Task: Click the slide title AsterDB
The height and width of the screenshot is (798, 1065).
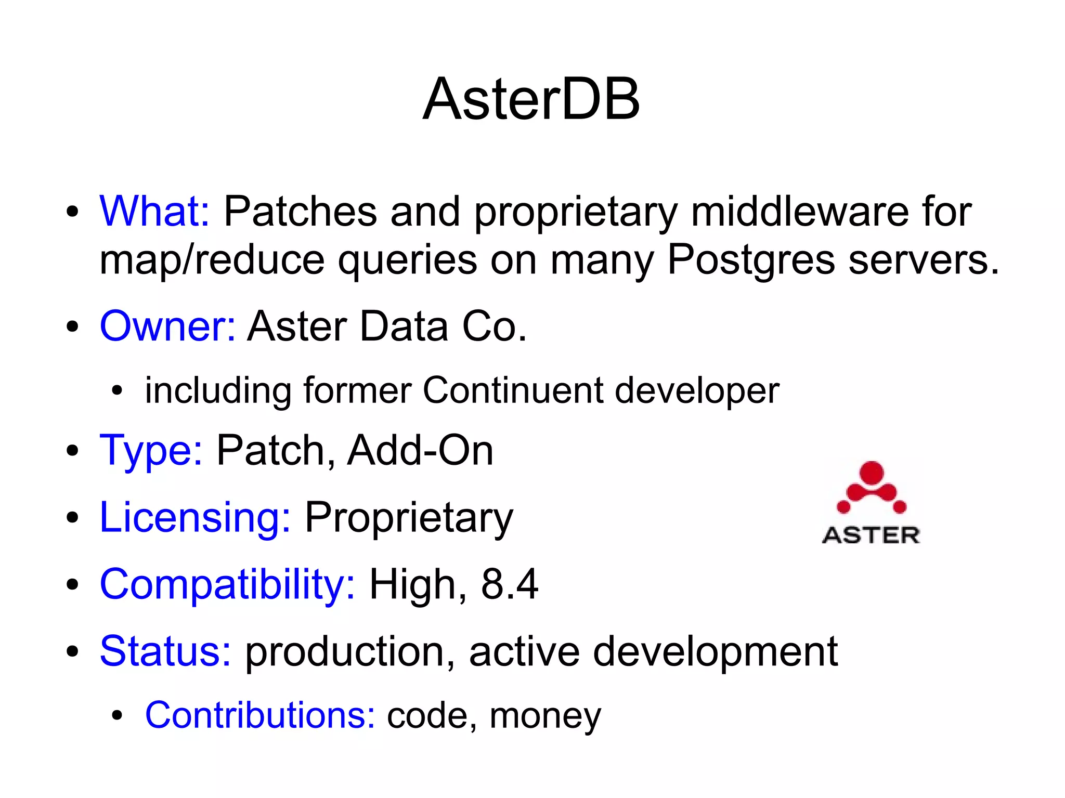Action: point(531,99)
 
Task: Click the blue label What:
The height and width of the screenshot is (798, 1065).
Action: point(154,211)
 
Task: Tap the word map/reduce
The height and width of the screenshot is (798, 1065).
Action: point(212,260)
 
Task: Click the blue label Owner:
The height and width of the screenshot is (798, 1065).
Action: point(167,326)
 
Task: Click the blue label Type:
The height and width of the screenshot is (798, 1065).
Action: point(151,450)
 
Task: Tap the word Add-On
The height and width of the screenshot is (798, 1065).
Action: point(420,450)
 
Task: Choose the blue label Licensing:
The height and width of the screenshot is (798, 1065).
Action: point(195,517)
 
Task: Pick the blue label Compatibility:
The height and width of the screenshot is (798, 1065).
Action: point(227,584)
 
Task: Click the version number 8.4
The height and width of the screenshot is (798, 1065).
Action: point(509,584)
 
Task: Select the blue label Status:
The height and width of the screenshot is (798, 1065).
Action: point(165,651)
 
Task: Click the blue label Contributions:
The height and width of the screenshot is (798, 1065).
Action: point(259,715)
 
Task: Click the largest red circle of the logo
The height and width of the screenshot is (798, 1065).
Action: point(872,472)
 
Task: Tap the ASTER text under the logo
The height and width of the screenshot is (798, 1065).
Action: point(871,535)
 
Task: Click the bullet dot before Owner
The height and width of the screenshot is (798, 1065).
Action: point(72,327)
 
